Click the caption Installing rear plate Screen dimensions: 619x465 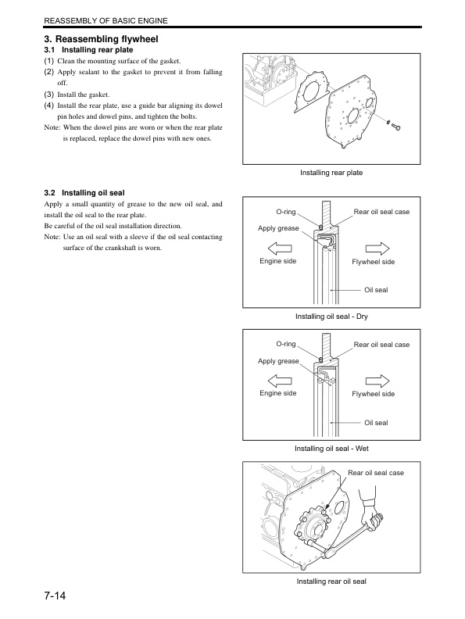click(x=331, y=172)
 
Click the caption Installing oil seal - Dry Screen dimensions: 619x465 click(x=331, y=317)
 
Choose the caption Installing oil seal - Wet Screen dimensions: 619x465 click(x=331, y=449)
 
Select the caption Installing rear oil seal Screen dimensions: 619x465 click(x=331, y=581)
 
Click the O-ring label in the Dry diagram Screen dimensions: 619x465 click(x=285, y=212)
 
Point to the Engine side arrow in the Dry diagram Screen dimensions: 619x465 click(x=278, y=246)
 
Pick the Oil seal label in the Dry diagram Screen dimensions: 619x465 click(x=376, y=291)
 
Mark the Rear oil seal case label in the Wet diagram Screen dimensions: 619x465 click(x=381, y=345)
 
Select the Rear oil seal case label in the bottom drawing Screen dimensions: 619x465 click(x=376, y=473)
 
